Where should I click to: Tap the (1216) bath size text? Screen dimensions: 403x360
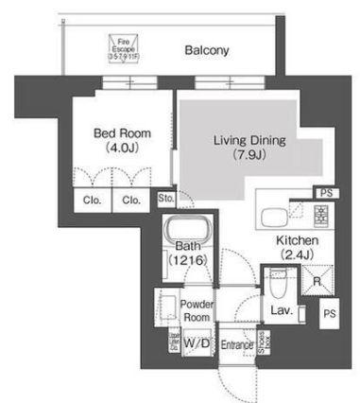tap(186, 258)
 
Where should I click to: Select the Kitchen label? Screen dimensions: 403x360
tap(297, 242)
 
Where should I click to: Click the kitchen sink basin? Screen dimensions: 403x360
tap(276, 214)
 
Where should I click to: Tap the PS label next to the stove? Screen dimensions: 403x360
tap(326, 192)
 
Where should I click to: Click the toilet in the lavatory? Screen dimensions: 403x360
tap(277, 282)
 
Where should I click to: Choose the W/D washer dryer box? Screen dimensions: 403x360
tap(197, 342)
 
